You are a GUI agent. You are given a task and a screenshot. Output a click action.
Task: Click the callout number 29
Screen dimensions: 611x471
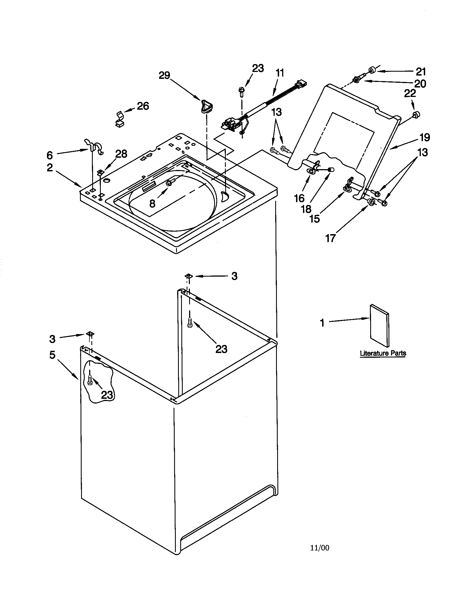[164, 75]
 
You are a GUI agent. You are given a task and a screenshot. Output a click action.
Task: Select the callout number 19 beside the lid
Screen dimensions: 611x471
[424, 137]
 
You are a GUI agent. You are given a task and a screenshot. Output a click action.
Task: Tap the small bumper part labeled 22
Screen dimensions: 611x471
[417, 114]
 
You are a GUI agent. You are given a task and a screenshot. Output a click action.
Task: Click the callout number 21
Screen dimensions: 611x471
[421, 72]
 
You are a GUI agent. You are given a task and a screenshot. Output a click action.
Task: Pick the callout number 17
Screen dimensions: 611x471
[330, 238]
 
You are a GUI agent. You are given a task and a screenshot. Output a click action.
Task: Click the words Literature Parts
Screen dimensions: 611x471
[383, 353]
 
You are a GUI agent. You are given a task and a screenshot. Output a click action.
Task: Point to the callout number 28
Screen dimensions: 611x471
[121, 154]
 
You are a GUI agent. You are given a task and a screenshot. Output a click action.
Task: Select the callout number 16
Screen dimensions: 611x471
[299, 198]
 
